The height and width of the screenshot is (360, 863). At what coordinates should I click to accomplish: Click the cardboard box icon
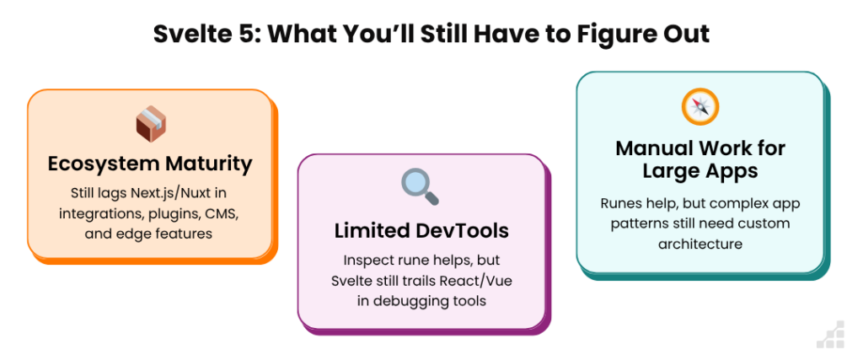click(x=151, y=124)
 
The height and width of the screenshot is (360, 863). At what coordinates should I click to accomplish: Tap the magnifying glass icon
click(x=420, y=186)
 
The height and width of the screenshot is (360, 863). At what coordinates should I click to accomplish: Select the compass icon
click(x=700, y=107)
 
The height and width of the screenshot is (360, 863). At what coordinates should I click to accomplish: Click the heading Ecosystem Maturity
click(x=150, y=164)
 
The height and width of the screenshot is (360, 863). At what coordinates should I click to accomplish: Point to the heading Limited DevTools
click(x=421, y=231)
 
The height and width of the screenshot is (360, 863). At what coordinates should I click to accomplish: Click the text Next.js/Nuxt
click(x=172, y=194)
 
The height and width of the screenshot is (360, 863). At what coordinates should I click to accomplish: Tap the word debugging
click(x=405, y=302)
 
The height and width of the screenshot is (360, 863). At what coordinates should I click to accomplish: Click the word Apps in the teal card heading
click(x=732, y=171)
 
